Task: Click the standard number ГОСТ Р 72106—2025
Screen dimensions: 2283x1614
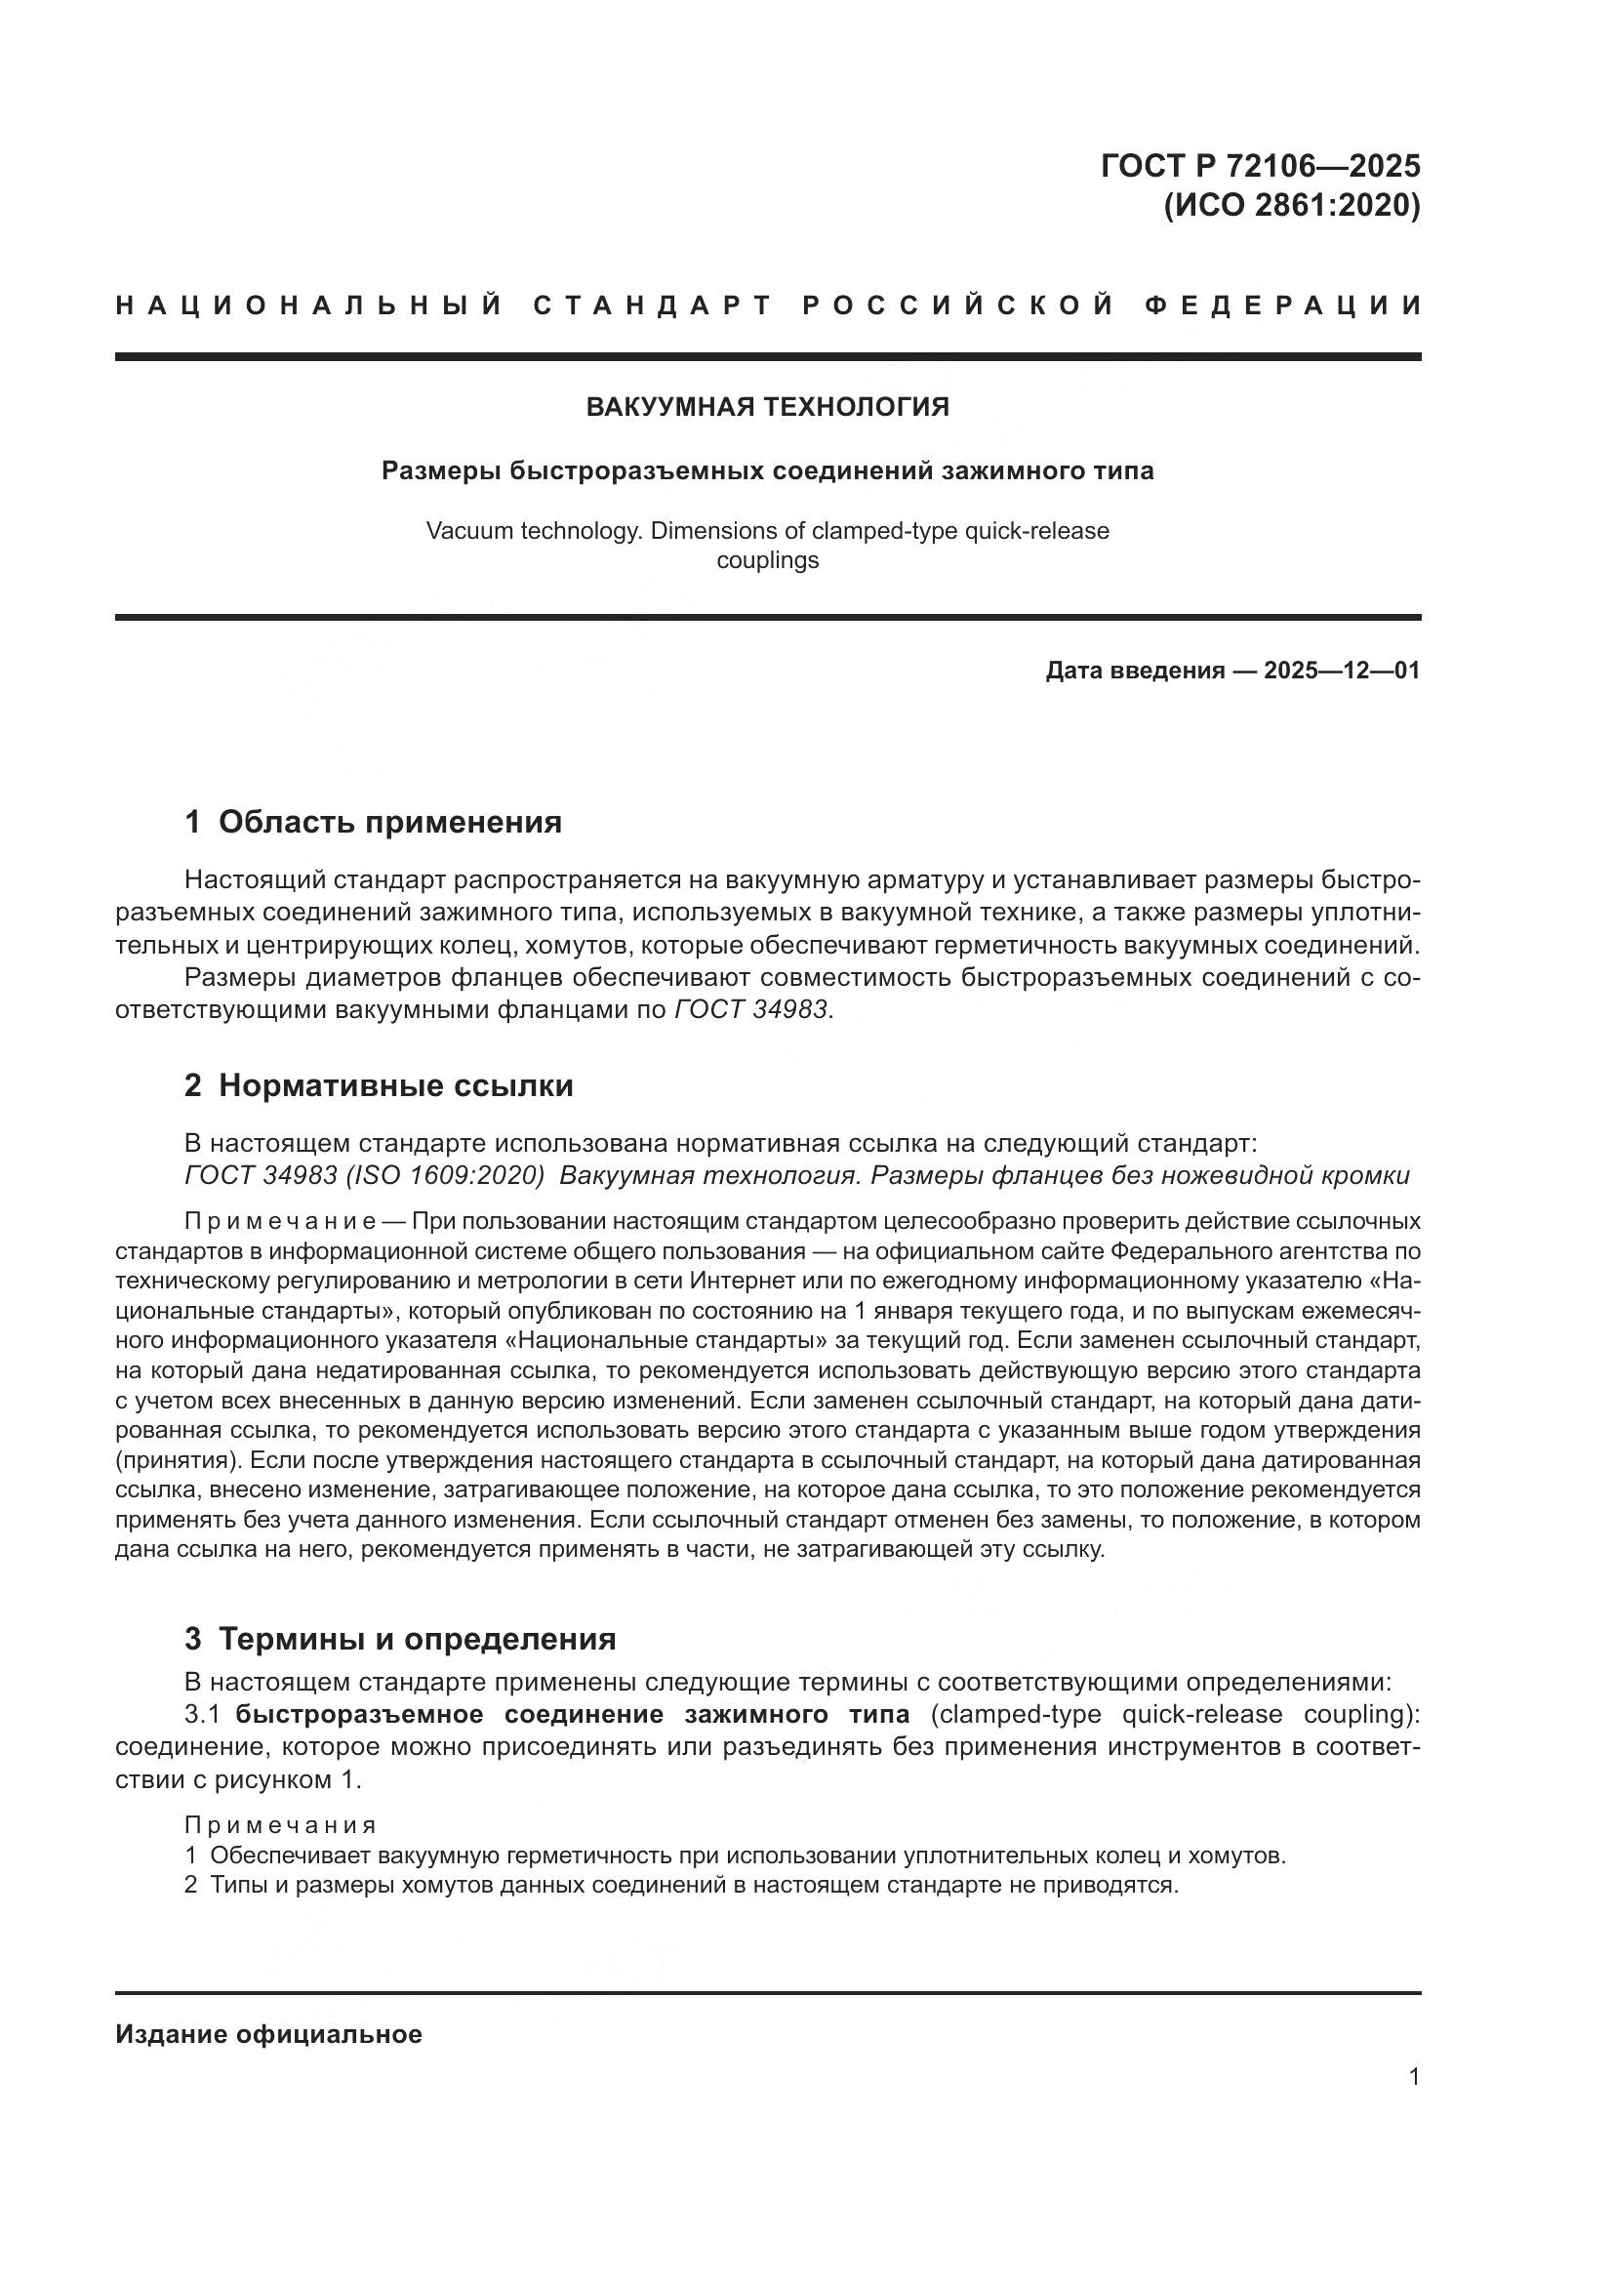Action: coord(1260,165)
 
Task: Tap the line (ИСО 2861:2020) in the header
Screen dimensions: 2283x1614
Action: coord(1292,206)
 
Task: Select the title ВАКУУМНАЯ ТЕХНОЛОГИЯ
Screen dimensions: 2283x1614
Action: coord(767,407)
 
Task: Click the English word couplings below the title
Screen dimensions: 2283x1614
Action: coord(767,560)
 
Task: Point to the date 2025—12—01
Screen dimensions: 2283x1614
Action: coord(1342,671)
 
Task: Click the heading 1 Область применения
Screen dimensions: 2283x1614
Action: coord(373,822)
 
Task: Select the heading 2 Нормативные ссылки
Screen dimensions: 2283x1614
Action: coord(379,1085)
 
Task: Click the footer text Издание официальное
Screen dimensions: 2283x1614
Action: coord(268,2034)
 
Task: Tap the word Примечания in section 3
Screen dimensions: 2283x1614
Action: coord(280,1824)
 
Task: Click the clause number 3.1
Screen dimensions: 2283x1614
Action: coord(207,1714)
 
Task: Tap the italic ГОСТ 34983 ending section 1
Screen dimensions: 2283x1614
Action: coord(751,1009)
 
